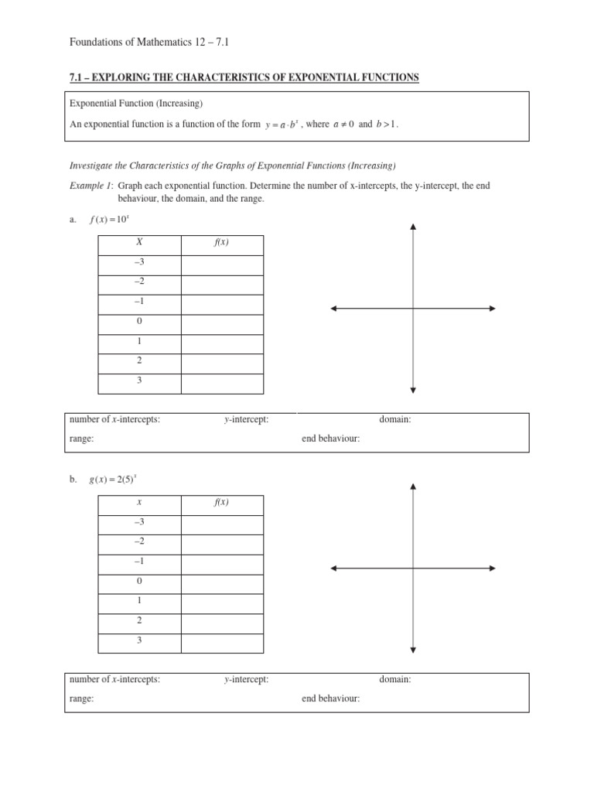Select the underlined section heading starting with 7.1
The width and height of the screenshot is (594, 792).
(x=244, y=77)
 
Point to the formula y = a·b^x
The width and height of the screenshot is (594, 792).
(x=282, y=125)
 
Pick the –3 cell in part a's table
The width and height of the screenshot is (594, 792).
(x=139, y=263)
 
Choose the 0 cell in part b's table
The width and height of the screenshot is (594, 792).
(x=139, y=582)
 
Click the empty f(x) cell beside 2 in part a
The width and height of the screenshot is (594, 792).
(x=221, y=361)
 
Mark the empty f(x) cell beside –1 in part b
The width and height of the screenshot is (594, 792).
(x=221, y=562)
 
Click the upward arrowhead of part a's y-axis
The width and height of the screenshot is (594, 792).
(x=413, y=227)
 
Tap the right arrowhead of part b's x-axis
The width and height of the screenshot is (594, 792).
(x=492, y=568)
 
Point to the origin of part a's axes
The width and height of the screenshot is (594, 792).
(x=413, y=309)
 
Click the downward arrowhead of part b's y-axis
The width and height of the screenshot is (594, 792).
(x=413, y=650)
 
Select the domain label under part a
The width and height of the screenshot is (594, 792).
(x=394, y=420)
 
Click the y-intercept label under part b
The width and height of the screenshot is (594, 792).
(x=246, y=680)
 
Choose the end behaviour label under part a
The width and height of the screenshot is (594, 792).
(x=330, y=439)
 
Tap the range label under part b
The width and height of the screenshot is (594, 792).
(x=81, y=698)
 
